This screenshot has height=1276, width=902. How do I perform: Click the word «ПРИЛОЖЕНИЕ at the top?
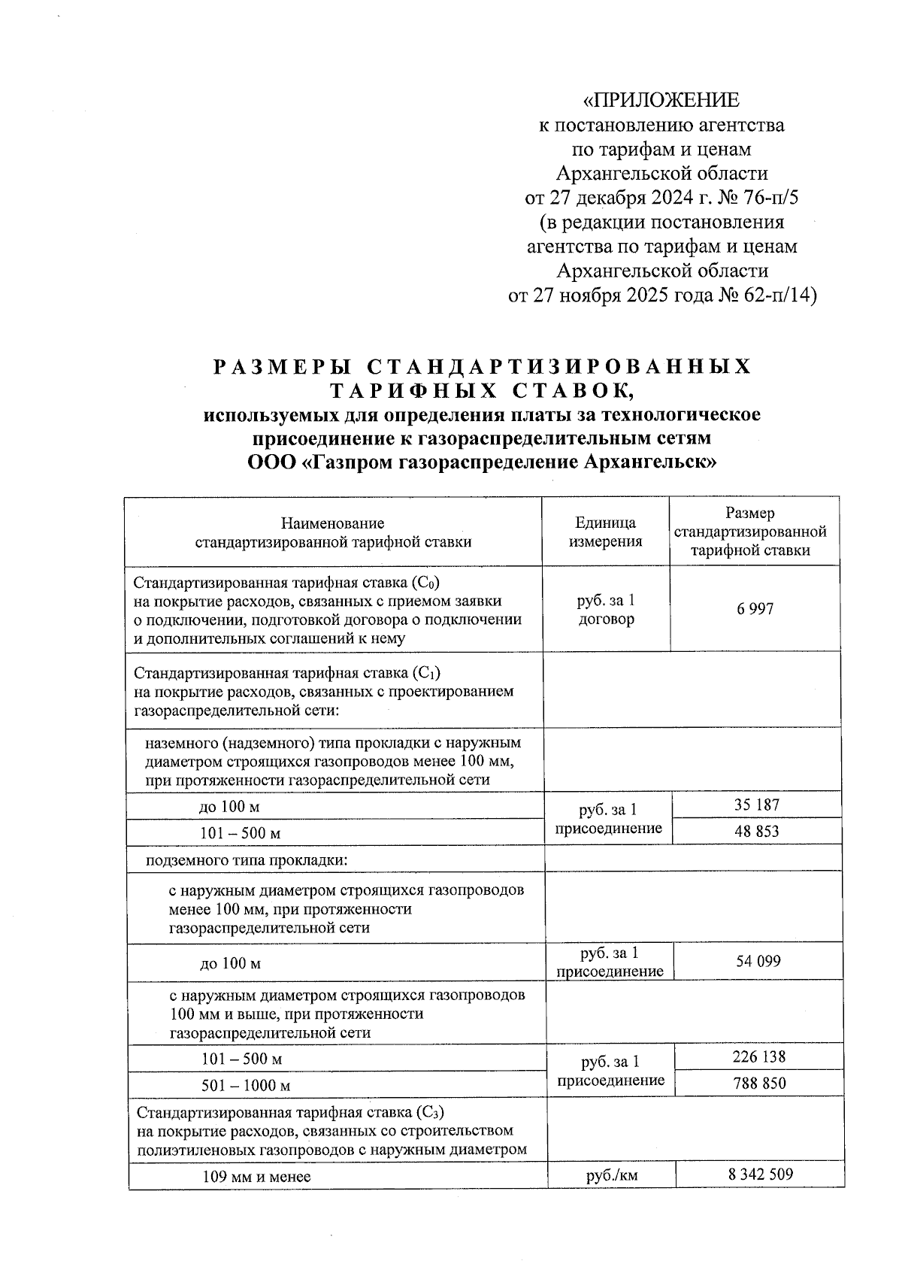pyautogui.click(x=661, y=100)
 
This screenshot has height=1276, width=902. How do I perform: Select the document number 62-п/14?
pyautogui.click(x=779, y=296)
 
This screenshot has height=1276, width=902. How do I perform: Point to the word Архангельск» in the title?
pyautogui.click(x=650, y=461)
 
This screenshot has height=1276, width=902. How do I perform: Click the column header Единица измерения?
pyautogui.click(x=605, y=532)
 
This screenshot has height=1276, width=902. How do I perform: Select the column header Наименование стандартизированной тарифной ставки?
pyautogui.click(x=333, y=532)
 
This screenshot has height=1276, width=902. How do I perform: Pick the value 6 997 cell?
pyautogui.click(x=755, y=609)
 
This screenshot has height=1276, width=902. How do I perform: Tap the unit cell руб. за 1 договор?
pyautogui.click(x=606, y=610)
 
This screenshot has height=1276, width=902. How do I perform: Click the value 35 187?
pyautogui.click(x=756, y=805)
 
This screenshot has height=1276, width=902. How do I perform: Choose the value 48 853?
pyautogui.click(x=756, y=831)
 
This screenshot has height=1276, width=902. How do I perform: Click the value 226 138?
pyautogui.click(x=758, y=1056)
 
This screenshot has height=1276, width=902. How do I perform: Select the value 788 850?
pyautogui.click(x=758, y=1083)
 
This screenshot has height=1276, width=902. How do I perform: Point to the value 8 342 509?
pyautogui.click(x=760, y=1174)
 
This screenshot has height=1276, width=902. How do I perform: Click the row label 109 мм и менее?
pyautogui.click(x=256, y=1177)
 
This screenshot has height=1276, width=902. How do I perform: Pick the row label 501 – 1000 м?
pyautogui.click(x=246, y=1085)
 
